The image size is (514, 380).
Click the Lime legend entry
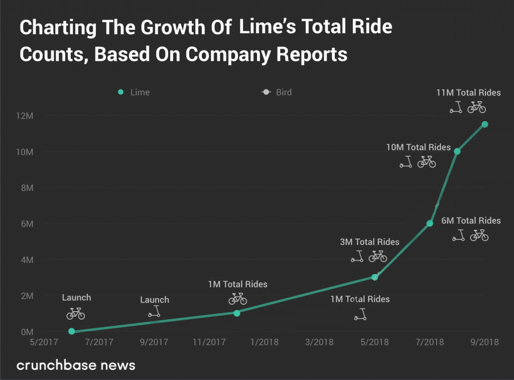134,92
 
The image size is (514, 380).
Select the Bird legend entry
277,92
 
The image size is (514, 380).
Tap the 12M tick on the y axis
24,116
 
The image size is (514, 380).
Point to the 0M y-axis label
27,332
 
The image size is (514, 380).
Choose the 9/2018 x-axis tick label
483,342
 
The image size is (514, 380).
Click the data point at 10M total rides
457,151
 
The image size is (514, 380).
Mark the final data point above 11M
485,124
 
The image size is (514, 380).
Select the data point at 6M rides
430,223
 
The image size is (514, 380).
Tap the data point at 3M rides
374,277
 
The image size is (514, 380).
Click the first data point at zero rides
71,331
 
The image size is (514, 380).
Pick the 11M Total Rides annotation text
468,92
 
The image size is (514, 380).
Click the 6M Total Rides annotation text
471,221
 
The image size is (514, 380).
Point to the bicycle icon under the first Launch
76,314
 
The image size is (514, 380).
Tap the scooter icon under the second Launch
155,312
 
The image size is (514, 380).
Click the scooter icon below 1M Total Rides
360,315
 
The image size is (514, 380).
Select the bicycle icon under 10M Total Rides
427,162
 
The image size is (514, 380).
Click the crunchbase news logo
76,364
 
